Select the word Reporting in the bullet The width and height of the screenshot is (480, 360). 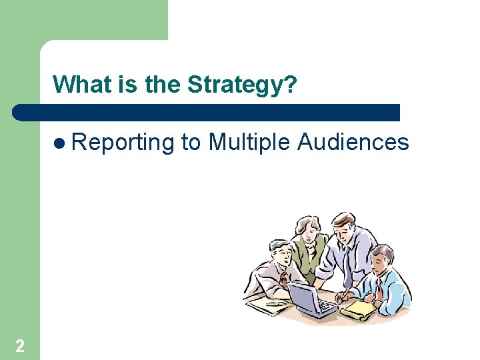123,142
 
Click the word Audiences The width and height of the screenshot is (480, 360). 353,142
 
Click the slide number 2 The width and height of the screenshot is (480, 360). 20,345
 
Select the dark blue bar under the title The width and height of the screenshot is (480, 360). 207,112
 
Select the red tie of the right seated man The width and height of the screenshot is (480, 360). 379,289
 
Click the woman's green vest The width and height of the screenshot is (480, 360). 309,257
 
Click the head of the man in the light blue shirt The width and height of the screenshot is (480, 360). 383,259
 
